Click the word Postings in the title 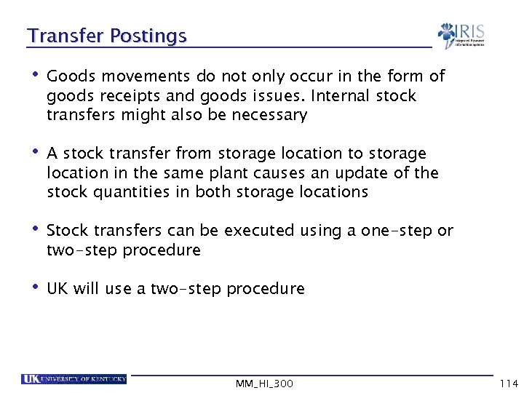(x=148, y=36)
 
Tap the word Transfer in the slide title (x=66, y=36)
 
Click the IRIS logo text (x=470, y=31)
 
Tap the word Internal (x=336, y=96)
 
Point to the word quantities (x=130, y=192)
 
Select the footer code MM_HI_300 (x=264, y=383)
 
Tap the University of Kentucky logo (x=74, y=378)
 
